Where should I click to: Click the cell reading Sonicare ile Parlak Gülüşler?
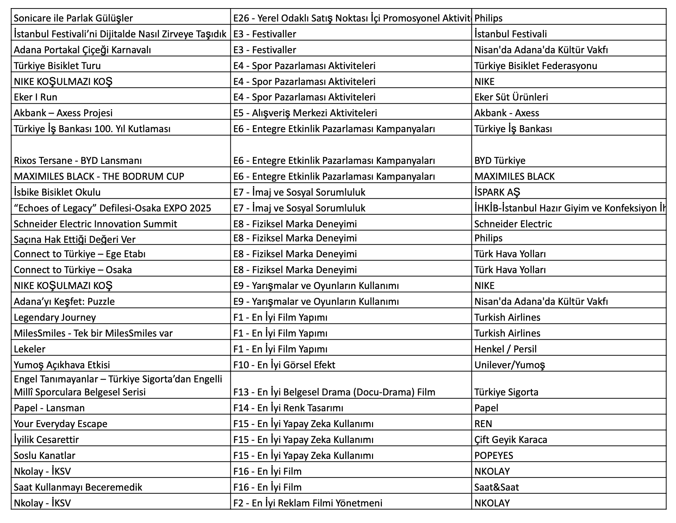[x=73, y=18]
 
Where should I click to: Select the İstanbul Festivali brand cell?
[x=510, y=34]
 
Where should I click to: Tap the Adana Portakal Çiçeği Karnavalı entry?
[x=82, y=50]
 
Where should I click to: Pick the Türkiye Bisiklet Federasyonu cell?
[x=535, y=66]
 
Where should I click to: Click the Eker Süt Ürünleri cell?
[x=511, y=97]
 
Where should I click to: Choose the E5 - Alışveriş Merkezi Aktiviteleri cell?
[x=305, y=113]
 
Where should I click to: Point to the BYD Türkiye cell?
[x=500, y=160]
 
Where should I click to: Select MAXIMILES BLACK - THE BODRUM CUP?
[x=99, y=176]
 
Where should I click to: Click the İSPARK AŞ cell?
[x=497, y=192]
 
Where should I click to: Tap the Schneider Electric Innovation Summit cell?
[x=95, y=224]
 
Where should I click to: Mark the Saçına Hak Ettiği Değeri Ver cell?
[x=75, y=239]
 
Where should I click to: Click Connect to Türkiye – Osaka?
[x=73, y=270]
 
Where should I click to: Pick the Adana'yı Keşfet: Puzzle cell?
[x=64, y=301]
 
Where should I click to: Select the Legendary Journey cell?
[x=55, y=317]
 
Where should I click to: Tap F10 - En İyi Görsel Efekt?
[x=284, y=365]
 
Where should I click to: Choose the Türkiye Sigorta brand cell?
[x=506, y=392]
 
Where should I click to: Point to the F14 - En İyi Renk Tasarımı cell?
[x=288, y=408]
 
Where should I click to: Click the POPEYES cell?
[x=494, y=455]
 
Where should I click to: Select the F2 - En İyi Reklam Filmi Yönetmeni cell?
[x=308, y=503]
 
